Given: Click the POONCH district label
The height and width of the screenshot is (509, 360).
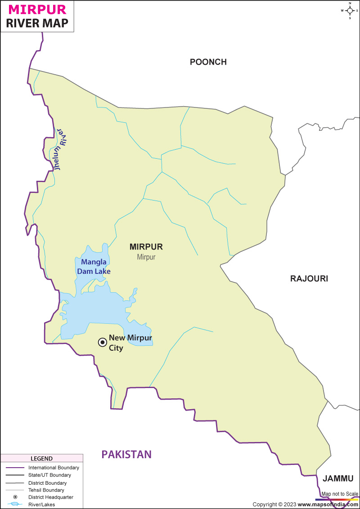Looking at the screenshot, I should pos(208,62).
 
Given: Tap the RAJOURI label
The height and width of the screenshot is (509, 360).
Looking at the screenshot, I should pos(309,279).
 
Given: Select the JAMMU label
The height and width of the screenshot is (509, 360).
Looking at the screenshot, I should pos(338,478).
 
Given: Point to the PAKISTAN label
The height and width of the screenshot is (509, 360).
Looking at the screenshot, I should pos(126,455).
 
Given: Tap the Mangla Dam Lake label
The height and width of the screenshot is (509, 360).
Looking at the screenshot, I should pos(94,267).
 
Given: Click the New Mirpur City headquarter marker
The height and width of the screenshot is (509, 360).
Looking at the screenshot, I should pos(103,343).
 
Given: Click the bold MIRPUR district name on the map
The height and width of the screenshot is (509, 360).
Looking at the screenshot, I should pos(146,247).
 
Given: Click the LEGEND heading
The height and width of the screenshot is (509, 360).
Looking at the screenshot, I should pos(41,459).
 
